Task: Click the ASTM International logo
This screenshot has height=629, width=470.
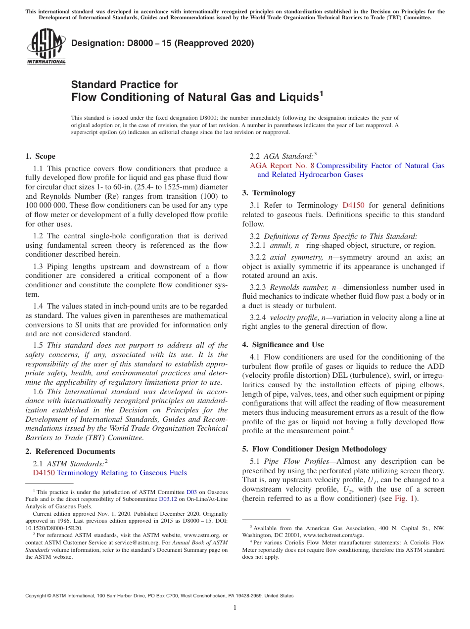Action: [46, 47]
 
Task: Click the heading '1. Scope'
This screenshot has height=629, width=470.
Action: [41, 156]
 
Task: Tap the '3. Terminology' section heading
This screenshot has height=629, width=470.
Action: [269, 193]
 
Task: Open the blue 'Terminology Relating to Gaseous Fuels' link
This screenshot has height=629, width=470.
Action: [122, 473]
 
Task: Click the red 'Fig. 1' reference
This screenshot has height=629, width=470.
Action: [405, 498]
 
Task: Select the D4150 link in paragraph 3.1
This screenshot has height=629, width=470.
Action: [353, 205]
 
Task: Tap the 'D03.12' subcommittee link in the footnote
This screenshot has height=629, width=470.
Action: [167, 499]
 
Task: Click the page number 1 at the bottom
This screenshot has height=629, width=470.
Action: [235, 607]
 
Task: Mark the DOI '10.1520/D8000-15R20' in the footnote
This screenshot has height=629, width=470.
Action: [54, 528]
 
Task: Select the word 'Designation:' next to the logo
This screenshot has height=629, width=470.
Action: [94, 44]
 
